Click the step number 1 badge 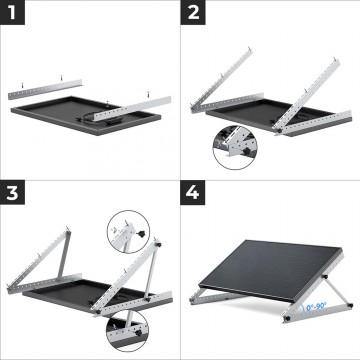14,14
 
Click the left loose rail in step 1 45,88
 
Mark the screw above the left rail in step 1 61,75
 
